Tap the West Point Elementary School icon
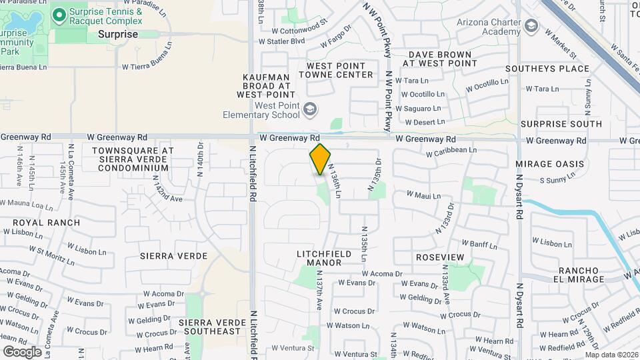[x=309, y=109]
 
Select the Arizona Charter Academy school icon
[x=531, y=26]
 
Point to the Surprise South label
[x=561, y=124]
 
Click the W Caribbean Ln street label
[x=452, y=151]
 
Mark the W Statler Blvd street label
[x=281, y=41]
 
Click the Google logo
[x=22, y=352]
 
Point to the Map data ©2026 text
[x=611, y=355]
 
